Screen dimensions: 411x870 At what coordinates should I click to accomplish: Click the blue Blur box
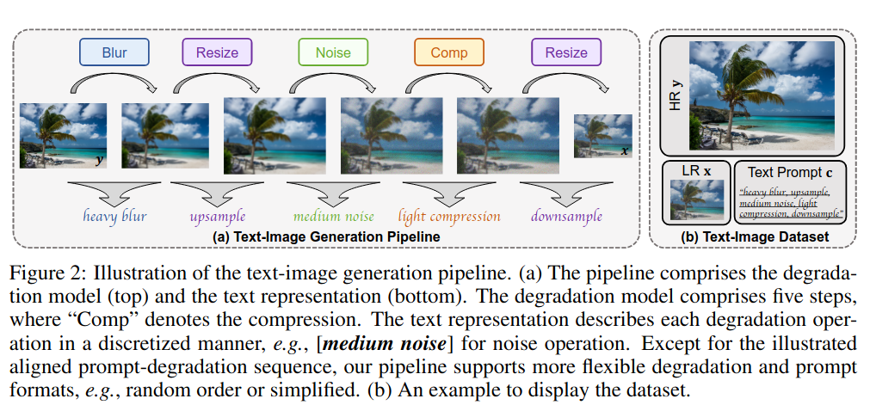click(x=114, y=52)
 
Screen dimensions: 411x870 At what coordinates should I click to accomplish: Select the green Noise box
click(x=333, y=52)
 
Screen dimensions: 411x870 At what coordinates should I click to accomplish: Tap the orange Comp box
click(x=448, y=52)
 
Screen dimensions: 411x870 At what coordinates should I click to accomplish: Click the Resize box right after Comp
click(x=565, y=52)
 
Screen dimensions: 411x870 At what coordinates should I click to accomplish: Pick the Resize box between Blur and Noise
click(x=217, y=52)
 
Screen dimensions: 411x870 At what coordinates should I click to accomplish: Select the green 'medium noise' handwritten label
click(x=333, y=216)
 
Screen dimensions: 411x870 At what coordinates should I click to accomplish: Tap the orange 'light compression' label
click(x=449, y=216)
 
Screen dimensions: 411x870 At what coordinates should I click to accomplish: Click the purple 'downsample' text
click(x=565, y=216)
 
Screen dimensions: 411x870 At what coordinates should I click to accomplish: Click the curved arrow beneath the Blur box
click(x=114, y=83)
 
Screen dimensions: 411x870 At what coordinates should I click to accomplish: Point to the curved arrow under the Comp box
click(x=449, y=83)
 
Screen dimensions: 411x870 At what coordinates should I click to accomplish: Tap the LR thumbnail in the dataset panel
click(x=695, y=199)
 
